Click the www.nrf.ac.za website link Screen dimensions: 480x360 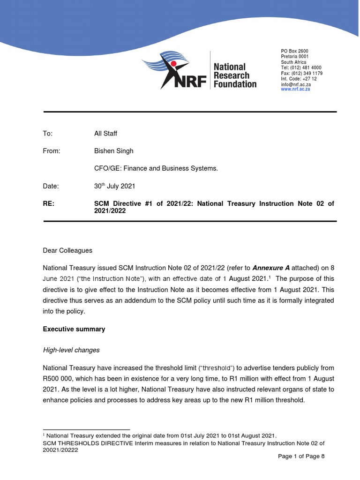(295, 89)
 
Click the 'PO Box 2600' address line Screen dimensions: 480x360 (294, 51)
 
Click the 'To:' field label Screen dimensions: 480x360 (48, 134)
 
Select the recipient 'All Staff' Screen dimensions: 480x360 (105, 134)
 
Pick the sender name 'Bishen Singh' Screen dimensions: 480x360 (113, 151)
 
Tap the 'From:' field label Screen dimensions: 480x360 (52, 151)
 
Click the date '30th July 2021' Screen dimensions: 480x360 (114, 186)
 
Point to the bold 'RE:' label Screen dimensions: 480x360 (49, 203)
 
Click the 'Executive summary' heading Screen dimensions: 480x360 (74, 329)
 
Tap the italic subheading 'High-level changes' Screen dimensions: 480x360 (71, 350)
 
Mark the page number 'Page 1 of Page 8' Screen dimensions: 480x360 (301, 456)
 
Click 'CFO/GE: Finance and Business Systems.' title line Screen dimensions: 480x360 (156, 168)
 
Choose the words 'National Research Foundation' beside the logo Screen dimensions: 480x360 (234, 75)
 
